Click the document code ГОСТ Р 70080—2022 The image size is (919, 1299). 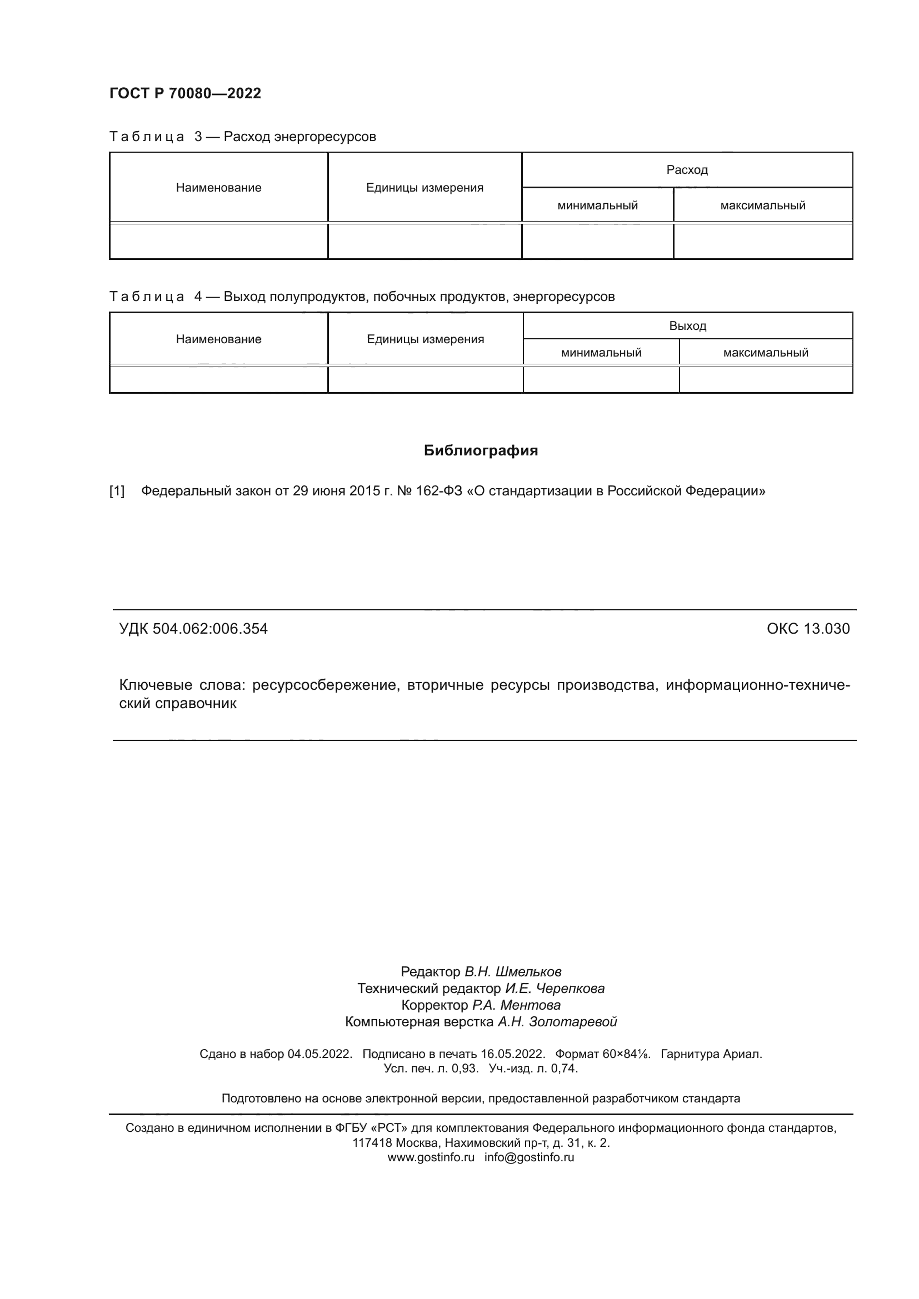click(x=185, y=93)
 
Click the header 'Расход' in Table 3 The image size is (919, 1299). click(x=686, y=170)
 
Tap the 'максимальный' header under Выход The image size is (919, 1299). click(x=765, y=353)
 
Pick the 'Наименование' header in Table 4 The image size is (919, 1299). click(x=218, y=339)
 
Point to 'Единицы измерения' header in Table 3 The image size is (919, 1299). click(x=424, y=187)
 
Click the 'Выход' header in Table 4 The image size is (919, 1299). click(x=687, y=326)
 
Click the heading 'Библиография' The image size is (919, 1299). click(x=481, y=450)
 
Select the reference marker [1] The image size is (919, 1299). click(x=117, y=490)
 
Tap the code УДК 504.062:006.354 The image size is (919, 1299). click(x=193, y=629)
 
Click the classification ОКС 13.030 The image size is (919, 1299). click(x=807, y=629)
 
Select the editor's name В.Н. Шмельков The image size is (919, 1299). click(x=513, y=972)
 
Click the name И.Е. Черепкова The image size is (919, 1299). click(x=555, y=989)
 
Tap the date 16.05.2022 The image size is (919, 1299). click(x=513, y=1054)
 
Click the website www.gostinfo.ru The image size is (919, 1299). click(x=431, y=1157)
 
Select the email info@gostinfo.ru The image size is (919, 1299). click(x=529, y=1157)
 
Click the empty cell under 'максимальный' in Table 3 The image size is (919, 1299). click(x=762, y=242)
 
